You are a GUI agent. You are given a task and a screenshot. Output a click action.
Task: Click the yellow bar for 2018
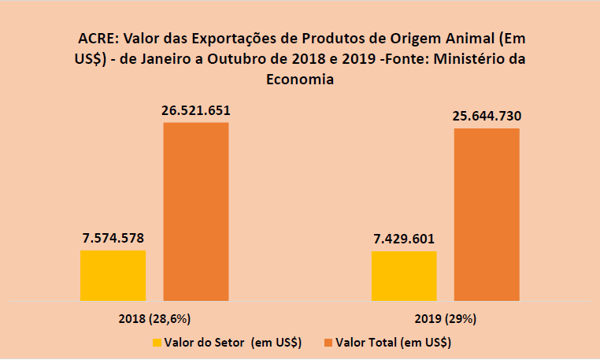tap(113, 275)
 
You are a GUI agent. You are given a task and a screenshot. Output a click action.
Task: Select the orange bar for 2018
tap(196, 211)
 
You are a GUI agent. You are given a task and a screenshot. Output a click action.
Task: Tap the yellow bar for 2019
tap(403, 276)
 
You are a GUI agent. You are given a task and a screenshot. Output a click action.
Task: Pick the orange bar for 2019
tap(487, 213)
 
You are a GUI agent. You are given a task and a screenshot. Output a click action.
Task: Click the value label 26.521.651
tap(196, 109)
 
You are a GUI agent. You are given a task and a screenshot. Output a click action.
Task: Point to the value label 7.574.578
tap(113, 237)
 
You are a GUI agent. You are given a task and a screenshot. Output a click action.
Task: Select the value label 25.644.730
tap(487, 117)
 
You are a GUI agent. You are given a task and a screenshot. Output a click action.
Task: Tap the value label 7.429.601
tap(403, 239)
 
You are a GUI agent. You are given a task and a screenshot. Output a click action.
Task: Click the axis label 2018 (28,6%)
tap(154, 319)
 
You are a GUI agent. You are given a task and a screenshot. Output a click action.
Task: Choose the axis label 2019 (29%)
tap(446, 319)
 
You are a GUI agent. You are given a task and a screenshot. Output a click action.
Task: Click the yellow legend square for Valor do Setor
tap(157, 343)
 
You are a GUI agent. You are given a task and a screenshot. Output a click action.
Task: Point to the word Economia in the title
tap(300, 79)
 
